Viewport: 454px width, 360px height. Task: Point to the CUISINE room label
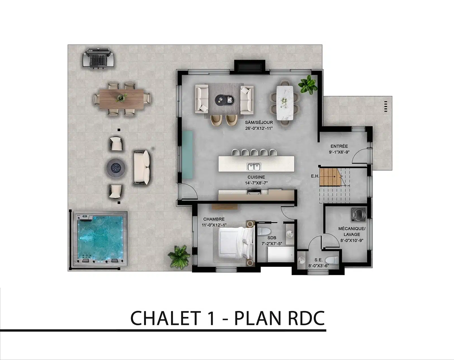(x=256, y=177)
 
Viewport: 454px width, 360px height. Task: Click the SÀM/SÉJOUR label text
(x=259, y=123)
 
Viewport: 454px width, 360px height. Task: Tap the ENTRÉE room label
(x=339, y=146)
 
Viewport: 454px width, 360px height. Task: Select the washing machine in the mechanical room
(x=358, y=215)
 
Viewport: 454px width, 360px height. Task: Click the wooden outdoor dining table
(x=122, y=98)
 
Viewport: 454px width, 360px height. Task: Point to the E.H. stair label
(x=315, y=176)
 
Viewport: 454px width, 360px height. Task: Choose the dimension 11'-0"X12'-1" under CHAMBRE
(x=214, y=225)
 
